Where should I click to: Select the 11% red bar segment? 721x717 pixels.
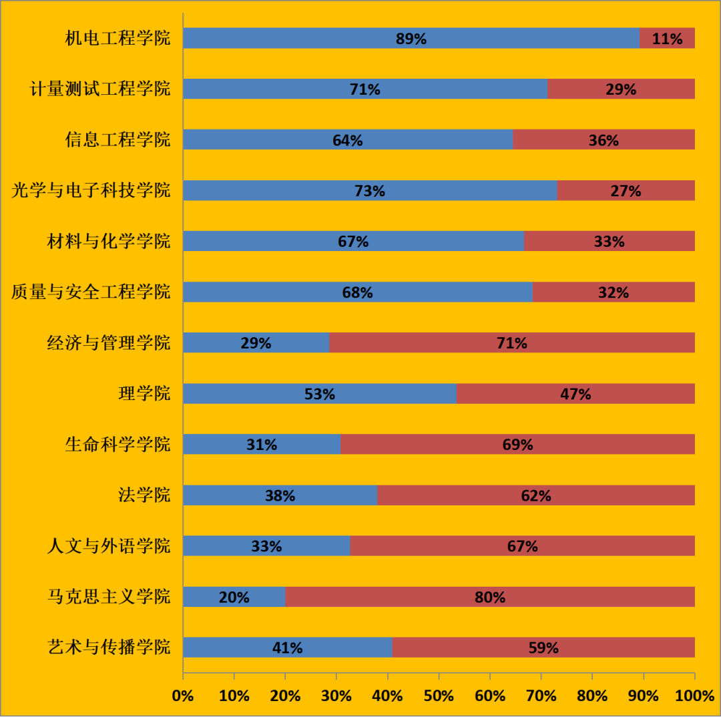click(667, 38)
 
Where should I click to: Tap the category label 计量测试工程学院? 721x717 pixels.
click(100, 89)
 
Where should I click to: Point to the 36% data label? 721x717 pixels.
click(604, 140)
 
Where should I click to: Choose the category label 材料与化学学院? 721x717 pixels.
click(109, 241)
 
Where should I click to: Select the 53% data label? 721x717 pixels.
click(320, 394)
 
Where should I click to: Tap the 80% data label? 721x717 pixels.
click(490, 597)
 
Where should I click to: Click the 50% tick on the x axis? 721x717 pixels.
click(439, 696)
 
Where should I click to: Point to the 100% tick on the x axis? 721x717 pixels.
click(694, 696)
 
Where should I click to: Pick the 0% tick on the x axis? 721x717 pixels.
click(183, 696)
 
